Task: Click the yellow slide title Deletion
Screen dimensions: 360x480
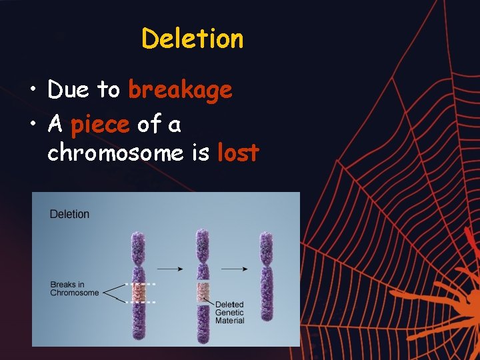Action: point(192,39)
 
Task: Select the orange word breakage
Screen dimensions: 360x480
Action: point(180,90)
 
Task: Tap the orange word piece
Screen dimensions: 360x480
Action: point(101,124)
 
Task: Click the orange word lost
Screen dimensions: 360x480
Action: point(238,153)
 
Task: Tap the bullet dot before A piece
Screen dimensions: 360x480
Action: point(33,125)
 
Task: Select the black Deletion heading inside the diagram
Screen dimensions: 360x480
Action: point(69,214)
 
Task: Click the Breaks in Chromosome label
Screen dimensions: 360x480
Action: point(74,289)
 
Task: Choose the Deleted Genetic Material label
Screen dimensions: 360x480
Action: point(229,313)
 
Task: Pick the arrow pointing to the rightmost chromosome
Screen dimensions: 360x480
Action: point(235,269)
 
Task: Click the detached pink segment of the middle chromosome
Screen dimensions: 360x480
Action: point(203,292)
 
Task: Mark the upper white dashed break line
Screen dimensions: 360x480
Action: point(141,284)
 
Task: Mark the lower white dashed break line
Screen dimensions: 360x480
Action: point(141,302)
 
